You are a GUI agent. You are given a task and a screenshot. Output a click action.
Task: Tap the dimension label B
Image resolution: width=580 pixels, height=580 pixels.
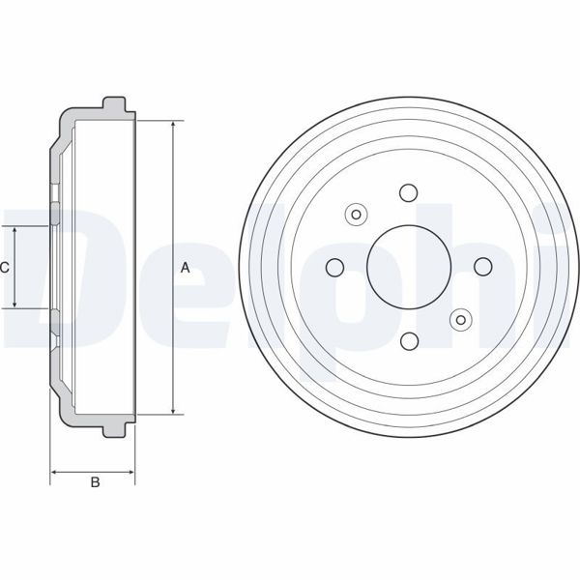coord(94,483)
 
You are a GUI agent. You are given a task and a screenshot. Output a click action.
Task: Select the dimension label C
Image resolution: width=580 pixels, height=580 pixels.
coord(5,268)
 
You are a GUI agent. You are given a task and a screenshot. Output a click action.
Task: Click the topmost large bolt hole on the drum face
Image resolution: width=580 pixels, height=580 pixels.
coord(408,191)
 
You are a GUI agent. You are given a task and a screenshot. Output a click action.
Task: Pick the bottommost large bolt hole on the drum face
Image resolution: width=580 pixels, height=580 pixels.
coord(408,340)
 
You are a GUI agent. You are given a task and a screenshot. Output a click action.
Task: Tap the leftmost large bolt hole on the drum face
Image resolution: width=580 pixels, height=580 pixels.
coord(334,267)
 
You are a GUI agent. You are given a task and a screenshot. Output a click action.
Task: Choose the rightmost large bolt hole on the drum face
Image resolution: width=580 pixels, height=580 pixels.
coord(482,267)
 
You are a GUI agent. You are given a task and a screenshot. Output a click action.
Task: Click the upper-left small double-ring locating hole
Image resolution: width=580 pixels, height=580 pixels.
coord(356,215)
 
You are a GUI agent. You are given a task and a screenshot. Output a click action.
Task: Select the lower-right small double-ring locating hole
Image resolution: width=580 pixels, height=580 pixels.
coord(461,318)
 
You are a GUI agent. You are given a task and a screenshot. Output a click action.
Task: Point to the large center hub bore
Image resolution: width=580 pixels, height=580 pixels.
coord(408,267)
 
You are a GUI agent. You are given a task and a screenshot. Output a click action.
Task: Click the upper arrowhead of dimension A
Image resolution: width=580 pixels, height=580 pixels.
coord(174,126)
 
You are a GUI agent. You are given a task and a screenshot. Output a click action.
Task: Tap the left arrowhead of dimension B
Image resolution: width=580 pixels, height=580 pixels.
coord(54,473)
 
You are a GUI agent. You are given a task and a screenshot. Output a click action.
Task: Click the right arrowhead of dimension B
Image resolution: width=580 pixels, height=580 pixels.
coord(131,473)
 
